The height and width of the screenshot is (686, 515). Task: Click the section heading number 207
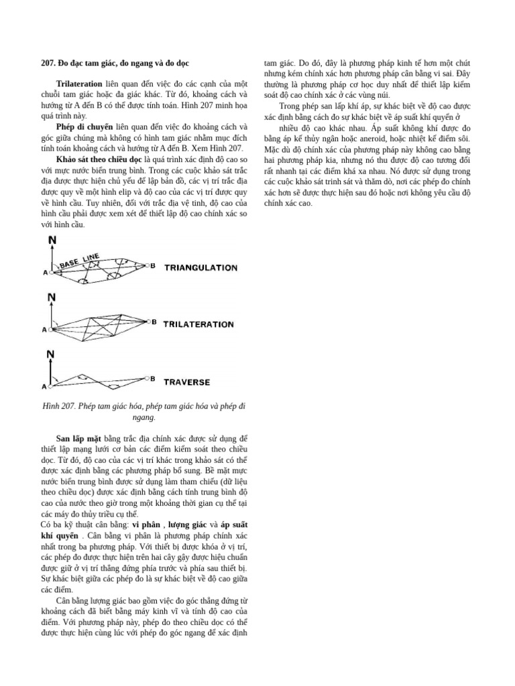(48, 64)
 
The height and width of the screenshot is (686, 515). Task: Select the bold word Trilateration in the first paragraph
(79, 85)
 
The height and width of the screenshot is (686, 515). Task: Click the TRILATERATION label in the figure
(199, 325)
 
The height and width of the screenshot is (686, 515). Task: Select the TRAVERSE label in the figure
(187, 383)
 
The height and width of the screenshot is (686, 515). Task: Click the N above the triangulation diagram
(52, 239)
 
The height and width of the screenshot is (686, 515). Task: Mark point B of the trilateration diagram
(154, 323)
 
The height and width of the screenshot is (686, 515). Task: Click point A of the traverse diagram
(45, 387)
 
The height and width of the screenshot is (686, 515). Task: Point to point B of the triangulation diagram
(153, 266)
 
